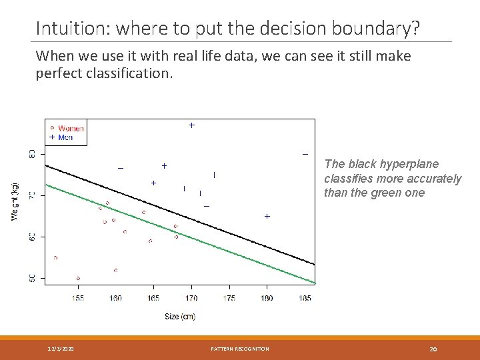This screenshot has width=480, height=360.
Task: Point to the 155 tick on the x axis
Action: coord(78,298)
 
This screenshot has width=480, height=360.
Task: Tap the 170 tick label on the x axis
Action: coord(192,298)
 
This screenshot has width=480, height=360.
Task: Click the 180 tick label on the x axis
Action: coord(267,298)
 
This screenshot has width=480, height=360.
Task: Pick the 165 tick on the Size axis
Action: coord(153,298)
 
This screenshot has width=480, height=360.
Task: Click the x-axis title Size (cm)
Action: coord(180,316)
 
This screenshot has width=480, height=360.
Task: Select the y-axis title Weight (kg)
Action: coord(15,201)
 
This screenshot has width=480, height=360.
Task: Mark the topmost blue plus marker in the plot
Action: coord(191,125)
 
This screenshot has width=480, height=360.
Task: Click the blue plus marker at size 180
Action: coord(267,217)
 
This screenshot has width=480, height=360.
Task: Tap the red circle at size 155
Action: coord(78,278)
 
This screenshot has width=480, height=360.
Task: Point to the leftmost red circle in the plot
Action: coord(55,257)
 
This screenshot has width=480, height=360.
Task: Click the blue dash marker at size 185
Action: coord(305,155)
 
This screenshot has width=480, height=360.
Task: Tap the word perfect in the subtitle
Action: coord(58,73)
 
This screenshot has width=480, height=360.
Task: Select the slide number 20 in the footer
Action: coord(433,349)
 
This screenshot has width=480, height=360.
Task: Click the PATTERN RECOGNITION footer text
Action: coord(240,349)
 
